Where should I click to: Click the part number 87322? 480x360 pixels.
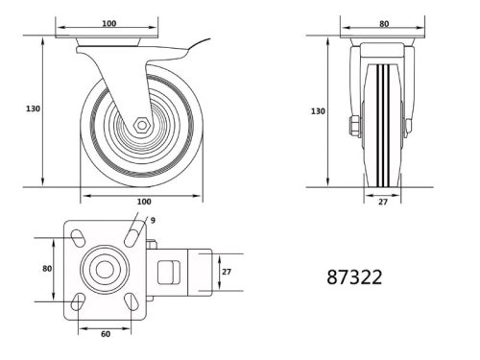coord(356,277)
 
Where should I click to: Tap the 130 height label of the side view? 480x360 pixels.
coord(32,109)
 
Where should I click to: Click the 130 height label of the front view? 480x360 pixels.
coord(318,111)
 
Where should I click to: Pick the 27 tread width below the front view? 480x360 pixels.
coord(382,203)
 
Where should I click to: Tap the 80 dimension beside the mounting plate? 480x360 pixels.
coord(47,270)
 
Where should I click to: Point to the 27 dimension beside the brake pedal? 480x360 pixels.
coord(227,272)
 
